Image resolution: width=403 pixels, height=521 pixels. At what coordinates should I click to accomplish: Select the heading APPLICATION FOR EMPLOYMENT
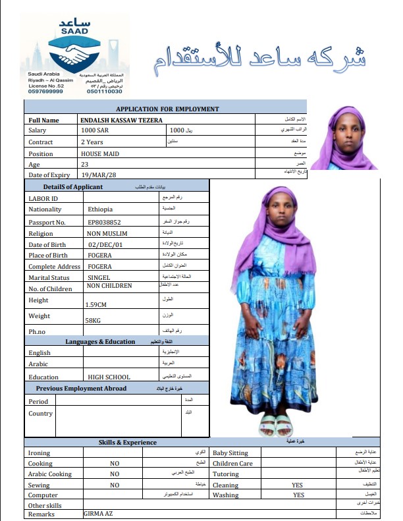pyautogui.click(x=167, y=109)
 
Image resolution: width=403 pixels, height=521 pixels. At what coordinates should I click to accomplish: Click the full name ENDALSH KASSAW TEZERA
pyautogui.click(x=121, y=121)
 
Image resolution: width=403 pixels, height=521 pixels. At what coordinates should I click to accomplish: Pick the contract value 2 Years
pyautogui.click(x=92, y=142)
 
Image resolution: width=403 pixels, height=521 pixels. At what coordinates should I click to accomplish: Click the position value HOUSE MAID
pyautogui.click(x=100, y=153)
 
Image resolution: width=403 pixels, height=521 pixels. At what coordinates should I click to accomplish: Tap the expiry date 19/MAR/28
pyautogui.click(x=100, y=175)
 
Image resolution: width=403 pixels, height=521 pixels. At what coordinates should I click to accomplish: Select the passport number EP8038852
pyautogui.click(x=104, y=222)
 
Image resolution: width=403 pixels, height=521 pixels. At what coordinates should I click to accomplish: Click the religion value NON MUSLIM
pyautogui.click(x=107, y=233)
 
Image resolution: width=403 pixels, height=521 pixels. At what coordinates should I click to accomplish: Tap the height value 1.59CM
pyautogui.click(x=97, y=305)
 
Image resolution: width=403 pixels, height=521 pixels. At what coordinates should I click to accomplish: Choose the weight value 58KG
pyautogui.click(x=94, y=320)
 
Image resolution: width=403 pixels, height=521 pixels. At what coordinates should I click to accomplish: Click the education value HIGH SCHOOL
pyautogui.click(x=109, y=377)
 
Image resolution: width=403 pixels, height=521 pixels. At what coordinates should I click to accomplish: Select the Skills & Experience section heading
pyautogui.click(x=128, y=443)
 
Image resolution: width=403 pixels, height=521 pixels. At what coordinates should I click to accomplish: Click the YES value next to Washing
pyautogui.click(x=298, y=495)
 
